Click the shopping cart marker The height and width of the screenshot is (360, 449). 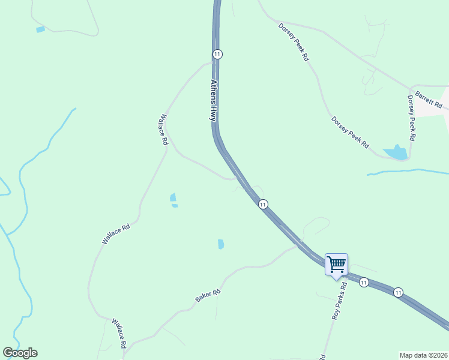(x=336, y=264)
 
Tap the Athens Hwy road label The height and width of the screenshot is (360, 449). (x=213, y=100)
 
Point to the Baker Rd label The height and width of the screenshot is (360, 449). (x=208, y=295)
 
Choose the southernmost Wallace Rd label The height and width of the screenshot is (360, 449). (x=119, y=334)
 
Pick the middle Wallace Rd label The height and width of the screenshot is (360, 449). (x=116, y=234)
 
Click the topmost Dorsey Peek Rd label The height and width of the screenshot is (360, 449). (x=294, y=42)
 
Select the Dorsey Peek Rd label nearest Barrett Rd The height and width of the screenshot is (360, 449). (x=412, y=118)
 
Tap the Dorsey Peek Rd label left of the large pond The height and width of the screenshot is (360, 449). (x=350, y=133)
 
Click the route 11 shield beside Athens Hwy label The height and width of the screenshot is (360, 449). (x=217, y=54)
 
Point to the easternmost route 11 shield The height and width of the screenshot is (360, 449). (x=397, y=292)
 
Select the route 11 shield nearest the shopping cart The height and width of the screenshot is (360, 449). (x=364, y=282)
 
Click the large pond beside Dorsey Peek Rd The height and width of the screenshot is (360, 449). (x=396, y=153)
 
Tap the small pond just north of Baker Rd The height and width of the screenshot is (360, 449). (x=221, y=244)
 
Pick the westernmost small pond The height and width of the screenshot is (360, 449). (x=40, y=29)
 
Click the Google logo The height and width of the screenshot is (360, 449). (x=20, y=353)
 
